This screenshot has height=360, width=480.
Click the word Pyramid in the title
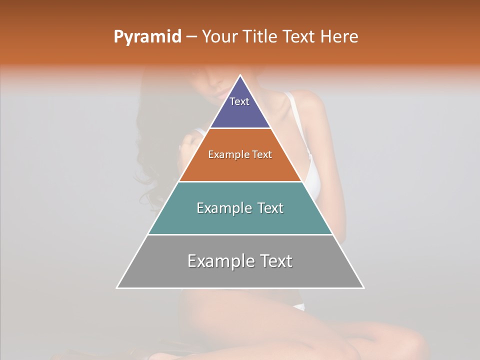coord(147,37)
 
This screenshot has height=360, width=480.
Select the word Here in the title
coord(339,37)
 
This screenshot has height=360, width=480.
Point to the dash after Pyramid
coord(191,37)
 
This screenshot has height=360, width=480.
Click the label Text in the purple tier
coord(239,101)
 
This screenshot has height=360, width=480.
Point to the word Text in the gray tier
coord(275,261)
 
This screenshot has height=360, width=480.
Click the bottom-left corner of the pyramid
coord(117,288)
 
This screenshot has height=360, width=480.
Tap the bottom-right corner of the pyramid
coord(363,288)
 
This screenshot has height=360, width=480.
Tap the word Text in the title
coord(299,37)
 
